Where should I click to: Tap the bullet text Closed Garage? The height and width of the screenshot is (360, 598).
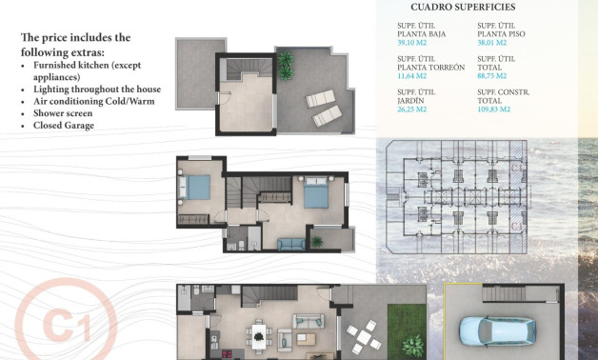pyautogui.click(x=63, y=125)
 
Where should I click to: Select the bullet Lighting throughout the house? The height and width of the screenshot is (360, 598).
pyautogui.click(x=95, y=89)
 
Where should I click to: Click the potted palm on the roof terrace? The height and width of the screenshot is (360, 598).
pyautogui.click(x=285, y=62)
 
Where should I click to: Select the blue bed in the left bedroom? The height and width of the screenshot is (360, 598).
pyautogui.click(x=198, y=188)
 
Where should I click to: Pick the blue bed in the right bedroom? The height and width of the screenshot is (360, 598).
pyautogui.click(x=315, y=196)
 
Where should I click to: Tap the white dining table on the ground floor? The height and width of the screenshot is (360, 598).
pyautogui.click(x=259, y=335)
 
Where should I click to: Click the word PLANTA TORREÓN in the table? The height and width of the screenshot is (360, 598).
pyautogui.click(x=430, y=68)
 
